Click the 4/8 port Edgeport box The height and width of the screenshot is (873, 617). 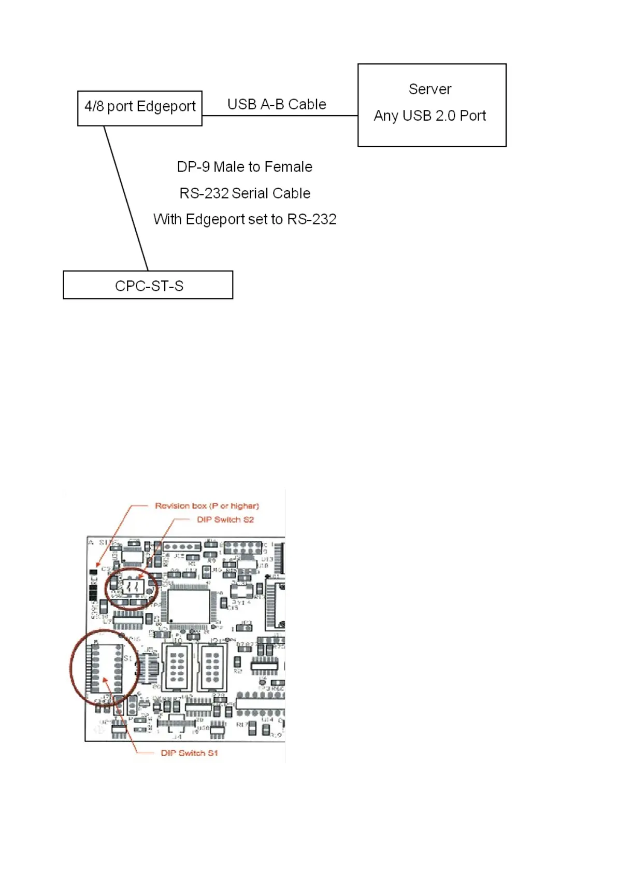coord(139,108)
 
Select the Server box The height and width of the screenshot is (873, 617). coord(432,105)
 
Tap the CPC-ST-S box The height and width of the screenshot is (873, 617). coord(148,285)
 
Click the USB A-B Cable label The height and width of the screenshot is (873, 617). coord(277,105)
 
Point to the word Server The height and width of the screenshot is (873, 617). coord(430,89)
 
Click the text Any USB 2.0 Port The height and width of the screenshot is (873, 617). coord(430,116)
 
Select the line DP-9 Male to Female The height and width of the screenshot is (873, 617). coord(245,167)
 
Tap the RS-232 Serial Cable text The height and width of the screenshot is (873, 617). coord(245,193)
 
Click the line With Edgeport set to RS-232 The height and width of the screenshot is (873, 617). coord(245,219)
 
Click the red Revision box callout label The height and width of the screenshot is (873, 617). coord(207,506)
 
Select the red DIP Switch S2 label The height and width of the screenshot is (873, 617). coord(225,519)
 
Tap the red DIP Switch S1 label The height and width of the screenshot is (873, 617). coord(189,753)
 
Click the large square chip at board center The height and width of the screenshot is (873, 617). coord(189,606)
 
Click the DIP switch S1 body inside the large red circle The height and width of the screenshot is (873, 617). coord(107,668)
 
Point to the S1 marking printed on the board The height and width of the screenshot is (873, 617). coord(127,658)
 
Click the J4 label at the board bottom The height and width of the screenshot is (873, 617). coord(177,736)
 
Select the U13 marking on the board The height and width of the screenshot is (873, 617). coord(267,559)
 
